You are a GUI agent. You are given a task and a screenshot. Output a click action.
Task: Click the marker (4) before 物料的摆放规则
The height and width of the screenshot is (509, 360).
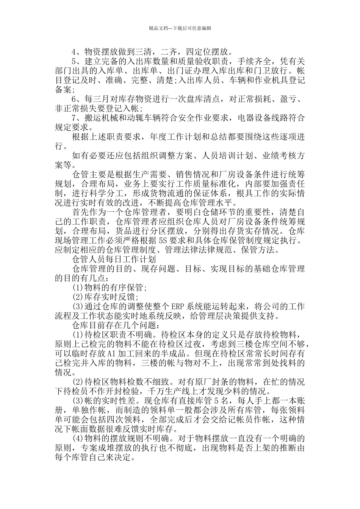pyautogui.click(x=78, y=439)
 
